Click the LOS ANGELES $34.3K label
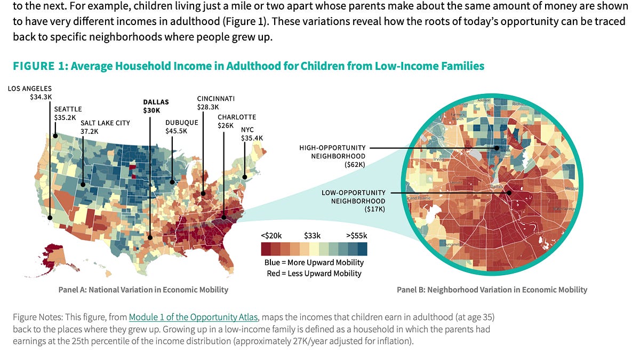29,93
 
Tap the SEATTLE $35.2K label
68,113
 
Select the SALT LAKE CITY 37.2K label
105,126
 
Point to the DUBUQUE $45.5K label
181,126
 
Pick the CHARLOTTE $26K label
237,121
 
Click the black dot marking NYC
245,177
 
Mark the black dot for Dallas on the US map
150,238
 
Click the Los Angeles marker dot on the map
50,217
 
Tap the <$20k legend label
272,235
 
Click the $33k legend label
313,235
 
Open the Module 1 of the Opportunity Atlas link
193,317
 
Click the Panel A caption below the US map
143,290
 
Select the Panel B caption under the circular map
492,290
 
